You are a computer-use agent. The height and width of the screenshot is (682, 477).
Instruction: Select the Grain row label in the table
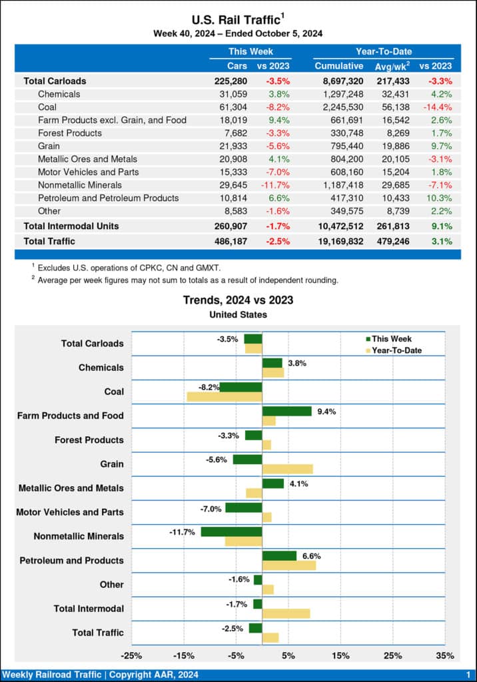(49, 146)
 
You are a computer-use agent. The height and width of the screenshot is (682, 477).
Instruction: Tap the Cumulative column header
(338, 66)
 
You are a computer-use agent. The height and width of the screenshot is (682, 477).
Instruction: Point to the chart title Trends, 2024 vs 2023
(238, 300)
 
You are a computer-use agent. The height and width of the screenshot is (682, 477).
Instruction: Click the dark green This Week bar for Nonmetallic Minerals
(231, 531)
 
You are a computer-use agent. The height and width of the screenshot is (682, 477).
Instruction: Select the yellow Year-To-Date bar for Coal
(225, 397)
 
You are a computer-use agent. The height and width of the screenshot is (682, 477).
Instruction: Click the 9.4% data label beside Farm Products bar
(326, 412)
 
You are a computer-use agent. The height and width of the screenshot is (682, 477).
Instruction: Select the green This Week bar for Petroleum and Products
(279, 555)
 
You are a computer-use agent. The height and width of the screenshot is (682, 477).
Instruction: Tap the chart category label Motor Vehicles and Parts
(70, 512)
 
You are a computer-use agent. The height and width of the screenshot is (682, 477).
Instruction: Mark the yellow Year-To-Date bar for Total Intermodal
(286, 613)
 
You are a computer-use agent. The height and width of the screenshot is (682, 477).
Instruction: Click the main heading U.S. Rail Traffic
(235, 19)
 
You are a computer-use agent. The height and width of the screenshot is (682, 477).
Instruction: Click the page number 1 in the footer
(468, 675)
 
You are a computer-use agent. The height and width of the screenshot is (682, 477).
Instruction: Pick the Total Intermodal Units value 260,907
(230, 226)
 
